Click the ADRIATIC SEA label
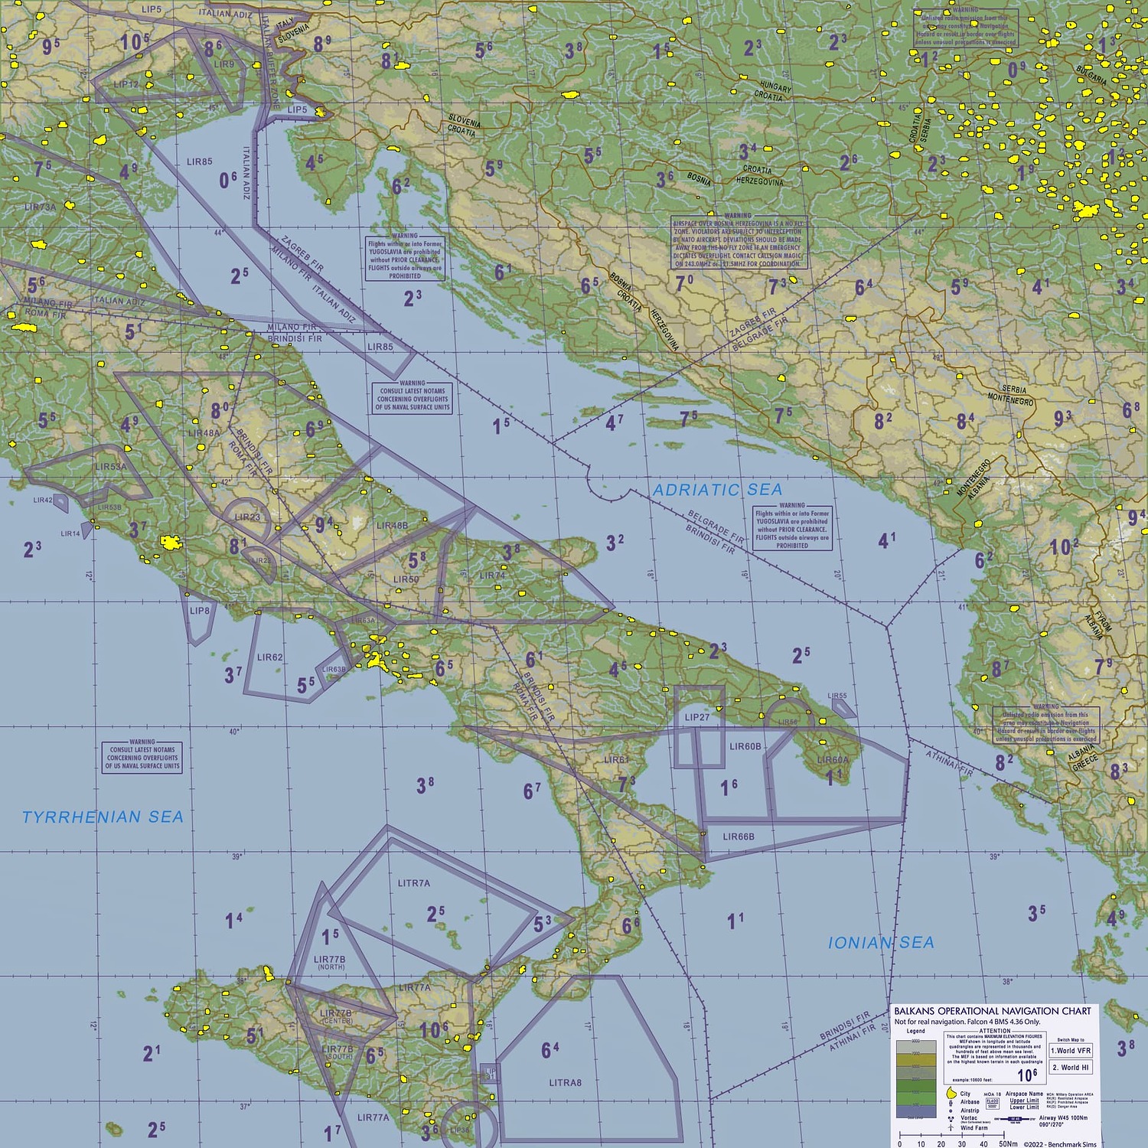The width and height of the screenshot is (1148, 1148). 717,490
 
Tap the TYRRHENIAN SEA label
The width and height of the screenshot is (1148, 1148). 103,817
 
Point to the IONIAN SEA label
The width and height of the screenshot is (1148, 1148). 881,943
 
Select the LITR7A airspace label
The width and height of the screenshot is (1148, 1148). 413,883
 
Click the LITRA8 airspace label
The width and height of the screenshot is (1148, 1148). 565,1083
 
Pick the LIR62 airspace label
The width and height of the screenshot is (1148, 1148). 269,657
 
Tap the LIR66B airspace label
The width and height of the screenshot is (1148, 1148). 739,837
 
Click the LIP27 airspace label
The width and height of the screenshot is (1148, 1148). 697,717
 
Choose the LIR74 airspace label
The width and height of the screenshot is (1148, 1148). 492,576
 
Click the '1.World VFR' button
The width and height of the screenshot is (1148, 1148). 1071,1051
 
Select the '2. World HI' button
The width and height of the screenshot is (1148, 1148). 1071,1068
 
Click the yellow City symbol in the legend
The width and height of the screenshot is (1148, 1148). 951,1093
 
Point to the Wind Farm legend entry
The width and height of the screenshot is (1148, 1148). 974,1128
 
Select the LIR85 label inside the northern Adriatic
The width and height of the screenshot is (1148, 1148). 199,161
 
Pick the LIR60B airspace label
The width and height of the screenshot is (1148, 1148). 745,746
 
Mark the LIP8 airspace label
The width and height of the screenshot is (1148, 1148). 199,611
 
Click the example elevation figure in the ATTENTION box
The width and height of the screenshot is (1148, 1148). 1026,1075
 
